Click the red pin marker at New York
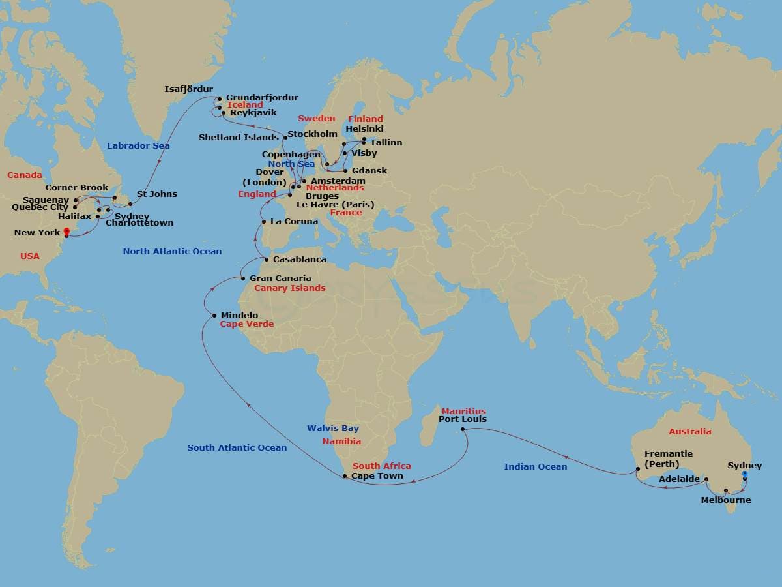tap(66, 232)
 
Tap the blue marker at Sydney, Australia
tap(745, 475)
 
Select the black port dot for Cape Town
tap(345, 477)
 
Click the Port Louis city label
tap(462, 419)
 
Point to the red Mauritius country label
tap(463, 411)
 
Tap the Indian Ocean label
tap(535, 466)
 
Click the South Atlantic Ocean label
tap(237, 447)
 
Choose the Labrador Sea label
tap(138, 145)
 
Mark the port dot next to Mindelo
tap(214, 316)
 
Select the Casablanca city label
tap(299, 260)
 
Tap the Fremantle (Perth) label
tap(668, 459)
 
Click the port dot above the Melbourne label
tap(726, 490)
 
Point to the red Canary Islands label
tap(289, 288)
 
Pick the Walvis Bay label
tap(332, 429)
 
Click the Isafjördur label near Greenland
tap(188, 89)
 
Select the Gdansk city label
tap(369, 171)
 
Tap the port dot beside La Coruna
tap(264, 222)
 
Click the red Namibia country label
tap(341, 442)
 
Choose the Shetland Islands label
tap(239, 138)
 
